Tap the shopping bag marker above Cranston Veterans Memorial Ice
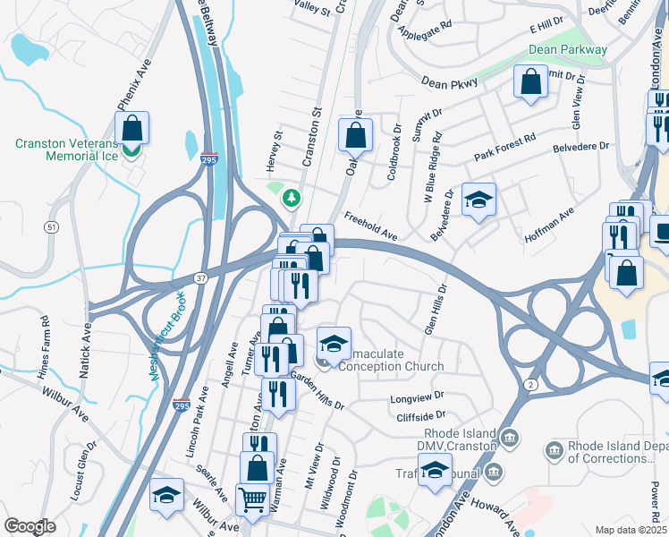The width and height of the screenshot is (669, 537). (131, 128)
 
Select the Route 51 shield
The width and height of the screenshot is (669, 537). (53, 227)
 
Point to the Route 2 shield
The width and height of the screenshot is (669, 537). (530, 384)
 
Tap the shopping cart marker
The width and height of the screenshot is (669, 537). (252, 500)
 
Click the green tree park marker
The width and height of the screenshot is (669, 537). (290, 196)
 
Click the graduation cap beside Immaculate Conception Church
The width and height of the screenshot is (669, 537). (334, 343)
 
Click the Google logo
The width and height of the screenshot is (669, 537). (30, 526)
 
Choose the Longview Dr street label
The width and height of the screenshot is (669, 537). (417, 397)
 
